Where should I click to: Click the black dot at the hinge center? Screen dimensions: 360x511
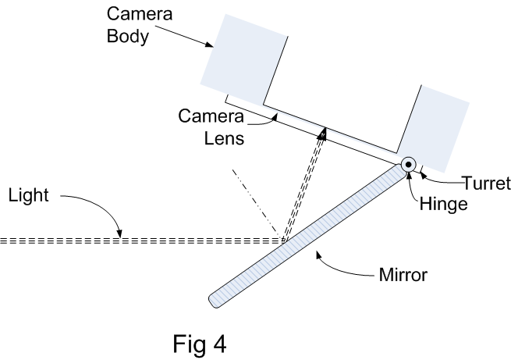point(407,164)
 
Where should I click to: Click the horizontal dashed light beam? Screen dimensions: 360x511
point(140,241)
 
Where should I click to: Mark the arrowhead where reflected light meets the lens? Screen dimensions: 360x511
point(322,134)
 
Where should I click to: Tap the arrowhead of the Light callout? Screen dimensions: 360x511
point(120,233)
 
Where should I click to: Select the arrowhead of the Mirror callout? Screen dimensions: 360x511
point(316,251)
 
